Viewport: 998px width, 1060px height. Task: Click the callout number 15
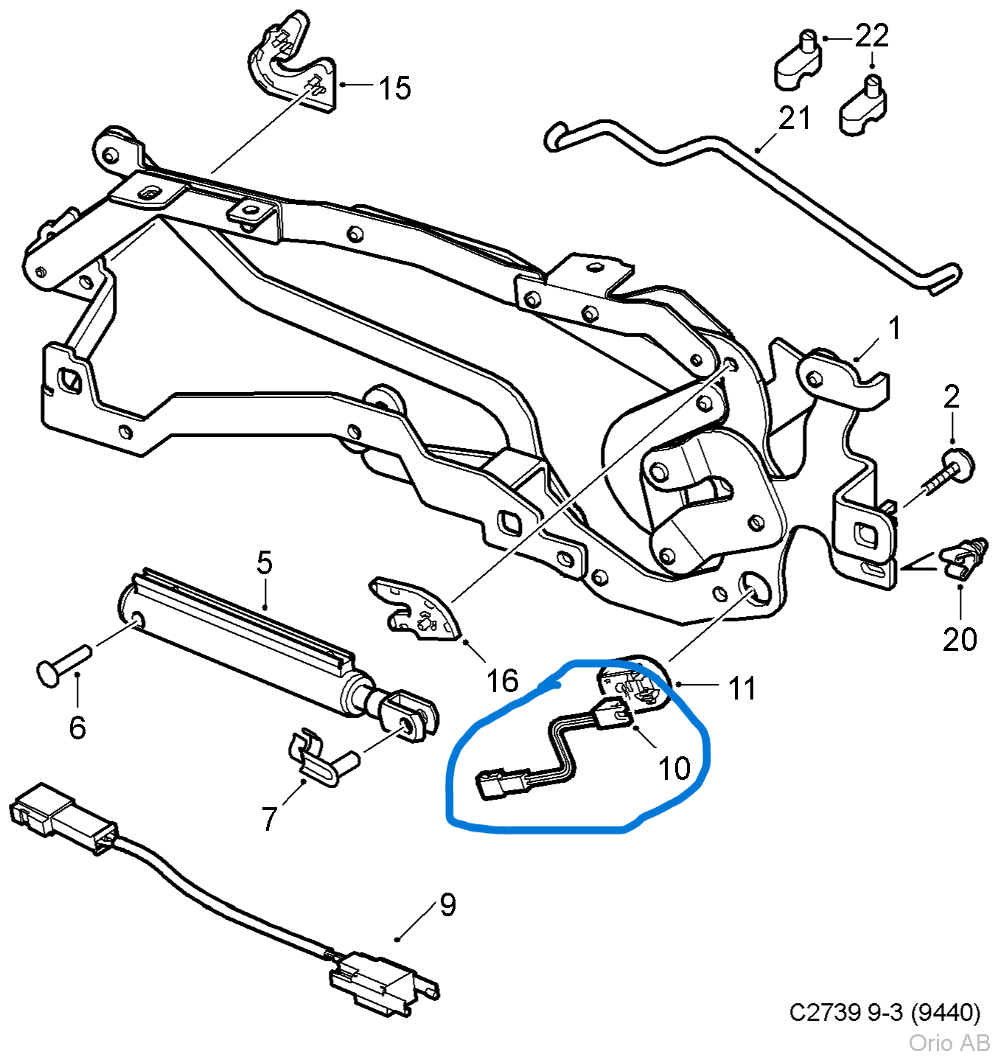click(394, 88)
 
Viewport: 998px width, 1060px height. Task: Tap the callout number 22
click(872, 35)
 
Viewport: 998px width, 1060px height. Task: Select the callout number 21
click(795, 118)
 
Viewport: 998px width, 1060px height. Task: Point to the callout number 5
click(265, 563)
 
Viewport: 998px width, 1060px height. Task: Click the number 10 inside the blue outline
click(674, 769)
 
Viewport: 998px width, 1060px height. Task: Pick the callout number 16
click(502, 681)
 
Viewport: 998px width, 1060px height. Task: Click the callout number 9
click(447, 904)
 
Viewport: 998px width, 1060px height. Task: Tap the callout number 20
click(960, 639)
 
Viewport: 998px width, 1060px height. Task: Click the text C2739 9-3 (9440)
click(884, 1013)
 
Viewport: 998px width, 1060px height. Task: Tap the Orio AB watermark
click(949, 1042)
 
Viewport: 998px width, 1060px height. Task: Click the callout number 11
click(741, 689)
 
